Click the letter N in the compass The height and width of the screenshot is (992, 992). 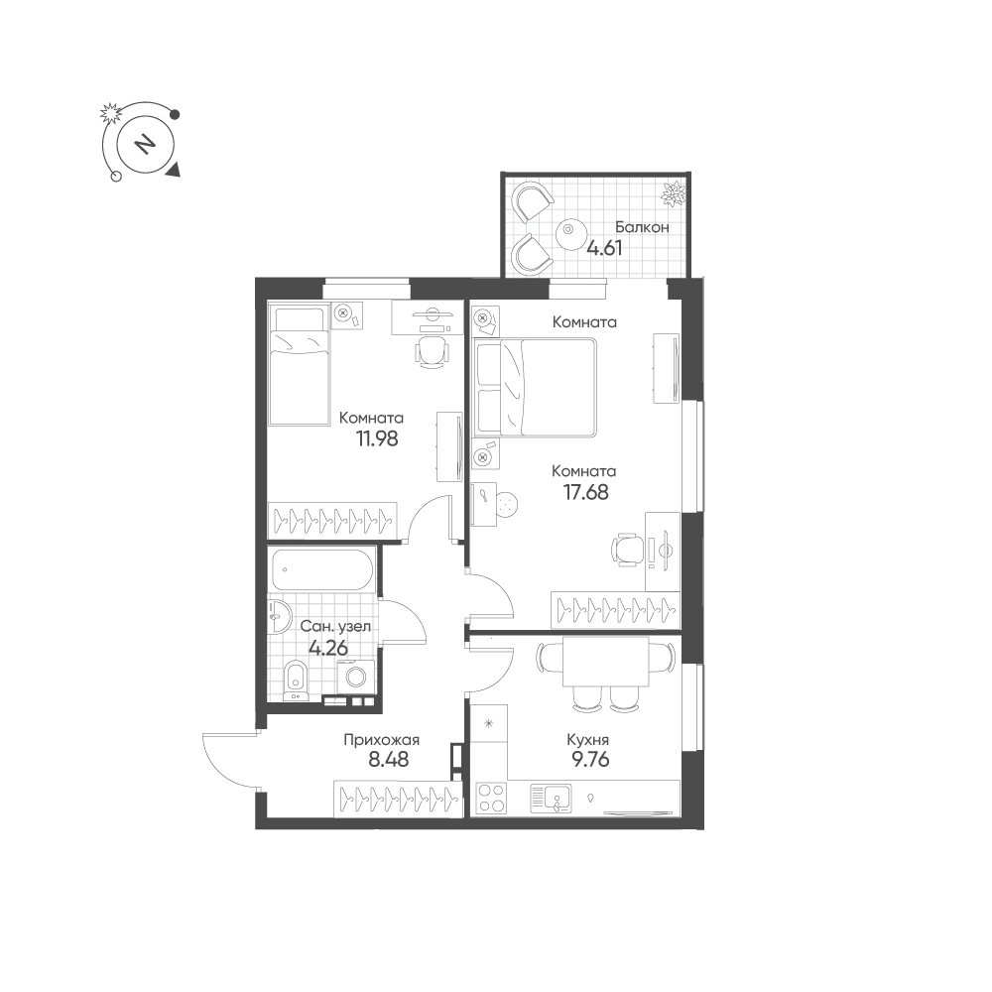tap(146, 144)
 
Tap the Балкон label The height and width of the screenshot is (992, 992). tap(642, 226)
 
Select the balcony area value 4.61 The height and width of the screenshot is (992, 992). tap(604, 247)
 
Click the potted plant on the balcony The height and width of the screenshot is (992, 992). tap(674, 193)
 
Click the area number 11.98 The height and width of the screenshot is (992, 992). tap(377, 438)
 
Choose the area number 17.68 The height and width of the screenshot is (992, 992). tap(586, 492)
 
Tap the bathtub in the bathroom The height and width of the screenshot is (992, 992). tap(323, 570)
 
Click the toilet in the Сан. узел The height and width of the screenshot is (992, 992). tap(295, 681)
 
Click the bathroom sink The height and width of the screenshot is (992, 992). tap(279, 616)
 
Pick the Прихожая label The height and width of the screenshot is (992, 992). tap(382, 740)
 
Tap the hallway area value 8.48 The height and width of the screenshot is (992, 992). tap(389, 759)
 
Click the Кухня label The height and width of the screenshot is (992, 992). tap(587, 740)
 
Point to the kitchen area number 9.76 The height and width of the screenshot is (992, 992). tap(590, 759)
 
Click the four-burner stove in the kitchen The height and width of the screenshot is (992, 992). tap(492, 798)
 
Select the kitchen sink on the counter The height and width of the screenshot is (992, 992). tap(551, 798)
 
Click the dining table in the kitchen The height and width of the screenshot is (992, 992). tap(606, 661)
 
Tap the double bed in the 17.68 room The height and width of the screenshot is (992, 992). tap(536, 387)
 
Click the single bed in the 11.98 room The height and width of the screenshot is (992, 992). tap(299, 365)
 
